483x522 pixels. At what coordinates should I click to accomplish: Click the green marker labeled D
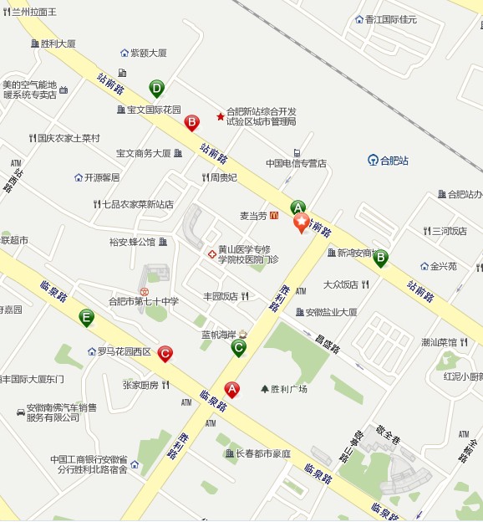pyautogui.click(x=156, y=87)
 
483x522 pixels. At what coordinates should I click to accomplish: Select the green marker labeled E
pyautogui.click(x=86, y=317)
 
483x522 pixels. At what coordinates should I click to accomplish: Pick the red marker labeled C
pyautogui.click(x=165, y=354)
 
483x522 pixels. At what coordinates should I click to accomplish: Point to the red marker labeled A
pyautogui.click(x=232, y=388)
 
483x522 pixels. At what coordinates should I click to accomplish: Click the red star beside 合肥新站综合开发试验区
pyautogui.click(x=221, y=116)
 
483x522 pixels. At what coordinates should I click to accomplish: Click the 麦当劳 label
pyautogui.click(x=253, y=216)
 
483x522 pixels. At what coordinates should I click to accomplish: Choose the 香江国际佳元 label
pyautogui.click(x=391, y=19)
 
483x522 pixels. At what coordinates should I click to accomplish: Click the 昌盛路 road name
pyautogui.click(x=330, y=342)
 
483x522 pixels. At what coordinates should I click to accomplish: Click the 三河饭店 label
pyautogui.click(x=449, y=231)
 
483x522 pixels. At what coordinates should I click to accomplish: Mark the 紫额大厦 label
pyautogui.click(x=148, y=53)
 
